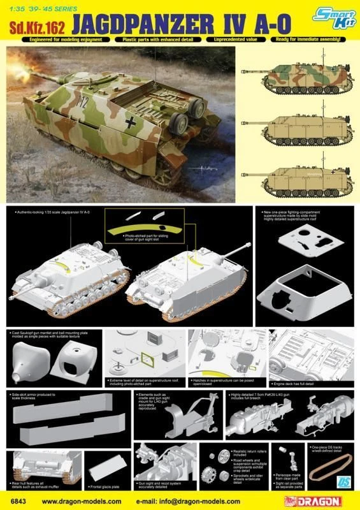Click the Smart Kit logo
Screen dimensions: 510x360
tap(332, 20)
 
